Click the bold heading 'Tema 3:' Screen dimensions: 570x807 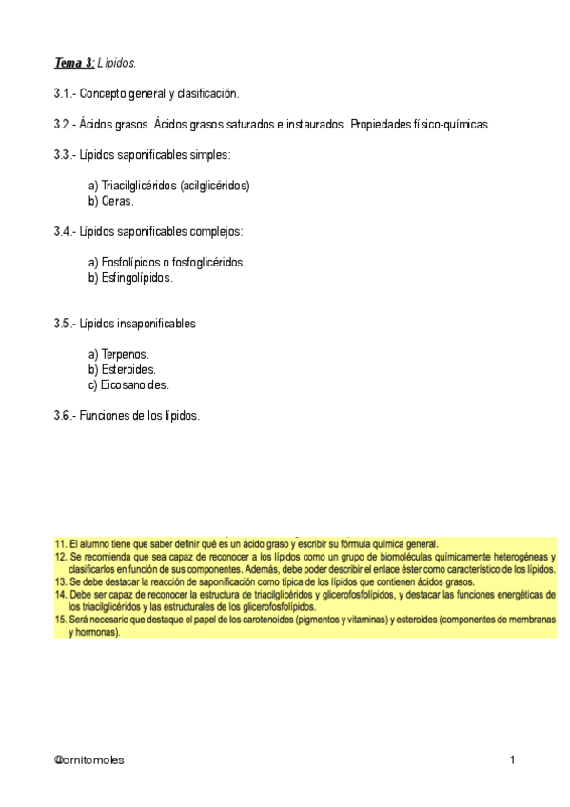[73, 63]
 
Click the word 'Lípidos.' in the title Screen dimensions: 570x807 [118, 63]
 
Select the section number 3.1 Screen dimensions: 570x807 [64, 93]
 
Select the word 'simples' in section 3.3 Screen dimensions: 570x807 [209, 154]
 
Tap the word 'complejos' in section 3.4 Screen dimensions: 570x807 [218, 231]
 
